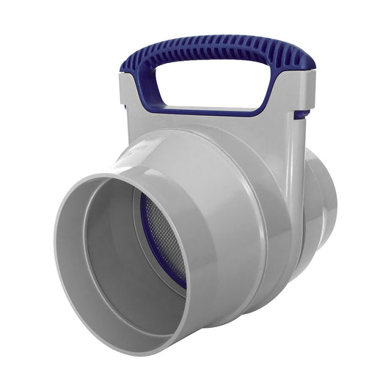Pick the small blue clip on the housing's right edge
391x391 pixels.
299,114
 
